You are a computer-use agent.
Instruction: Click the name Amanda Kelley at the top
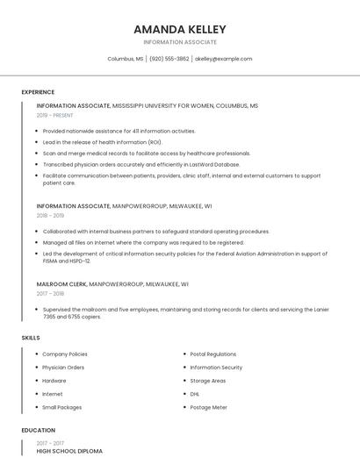pos(179,29)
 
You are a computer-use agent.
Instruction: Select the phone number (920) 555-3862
pos(169,59)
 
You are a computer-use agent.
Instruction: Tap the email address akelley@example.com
pos(223,59)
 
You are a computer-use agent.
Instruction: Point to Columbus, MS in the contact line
pos(126,59)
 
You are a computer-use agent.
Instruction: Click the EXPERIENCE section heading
pos(38,92)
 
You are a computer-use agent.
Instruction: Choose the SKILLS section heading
pos(31,338)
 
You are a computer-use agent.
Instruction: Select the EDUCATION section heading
pos(38,431)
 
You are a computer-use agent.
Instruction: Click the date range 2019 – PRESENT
pos(54,115)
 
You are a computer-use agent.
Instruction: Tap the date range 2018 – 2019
pos(50,215)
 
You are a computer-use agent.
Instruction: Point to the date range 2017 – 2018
pos(50,294)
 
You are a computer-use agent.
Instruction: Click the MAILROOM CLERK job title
pos(61,284)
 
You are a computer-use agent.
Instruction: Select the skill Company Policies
pos(65,354)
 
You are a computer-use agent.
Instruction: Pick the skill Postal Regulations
pos(212,354)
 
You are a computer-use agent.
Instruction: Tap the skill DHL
pos(195,394)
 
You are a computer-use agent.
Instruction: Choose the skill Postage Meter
pos(208,407)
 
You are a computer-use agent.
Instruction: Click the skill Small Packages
pos(61,407)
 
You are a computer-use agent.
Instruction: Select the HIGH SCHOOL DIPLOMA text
pos(69,451)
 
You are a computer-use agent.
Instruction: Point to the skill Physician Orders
pos(63,368)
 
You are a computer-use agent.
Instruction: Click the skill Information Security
pos(216,368)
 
